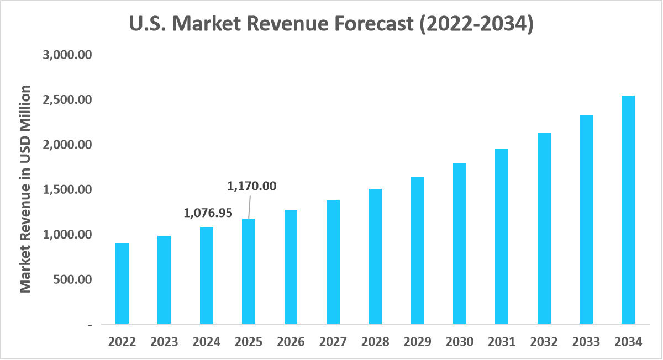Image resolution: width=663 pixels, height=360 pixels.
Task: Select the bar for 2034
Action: (x=628, y=209)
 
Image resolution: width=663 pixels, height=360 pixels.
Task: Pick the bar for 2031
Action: (x=502, y=236)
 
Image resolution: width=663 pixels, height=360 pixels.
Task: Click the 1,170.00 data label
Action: (x=251, y=186)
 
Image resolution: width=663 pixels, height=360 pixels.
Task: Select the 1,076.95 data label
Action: (x=208, y=213)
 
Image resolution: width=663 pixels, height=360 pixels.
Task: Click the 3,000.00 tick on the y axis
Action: (x=66, y=55)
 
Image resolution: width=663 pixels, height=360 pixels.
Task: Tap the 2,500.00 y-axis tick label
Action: (x=66, y=100)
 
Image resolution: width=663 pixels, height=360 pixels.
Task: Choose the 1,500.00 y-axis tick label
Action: (x=66, y=189)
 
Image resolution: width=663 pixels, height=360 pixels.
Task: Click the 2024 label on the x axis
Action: (x=206, y=342)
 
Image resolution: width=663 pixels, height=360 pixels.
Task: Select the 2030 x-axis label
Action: (x=459, y=342)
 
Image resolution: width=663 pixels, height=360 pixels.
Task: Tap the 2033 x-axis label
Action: (x=586, y=342)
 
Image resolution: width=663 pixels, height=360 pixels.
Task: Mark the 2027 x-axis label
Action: (x=333, y=342)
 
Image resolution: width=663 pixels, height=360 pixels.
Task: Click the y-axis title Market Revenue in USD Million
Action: (x=25, y=189)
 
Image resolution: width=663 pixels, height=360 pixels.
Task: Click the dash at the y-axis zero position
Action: (x=90, y=325)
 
